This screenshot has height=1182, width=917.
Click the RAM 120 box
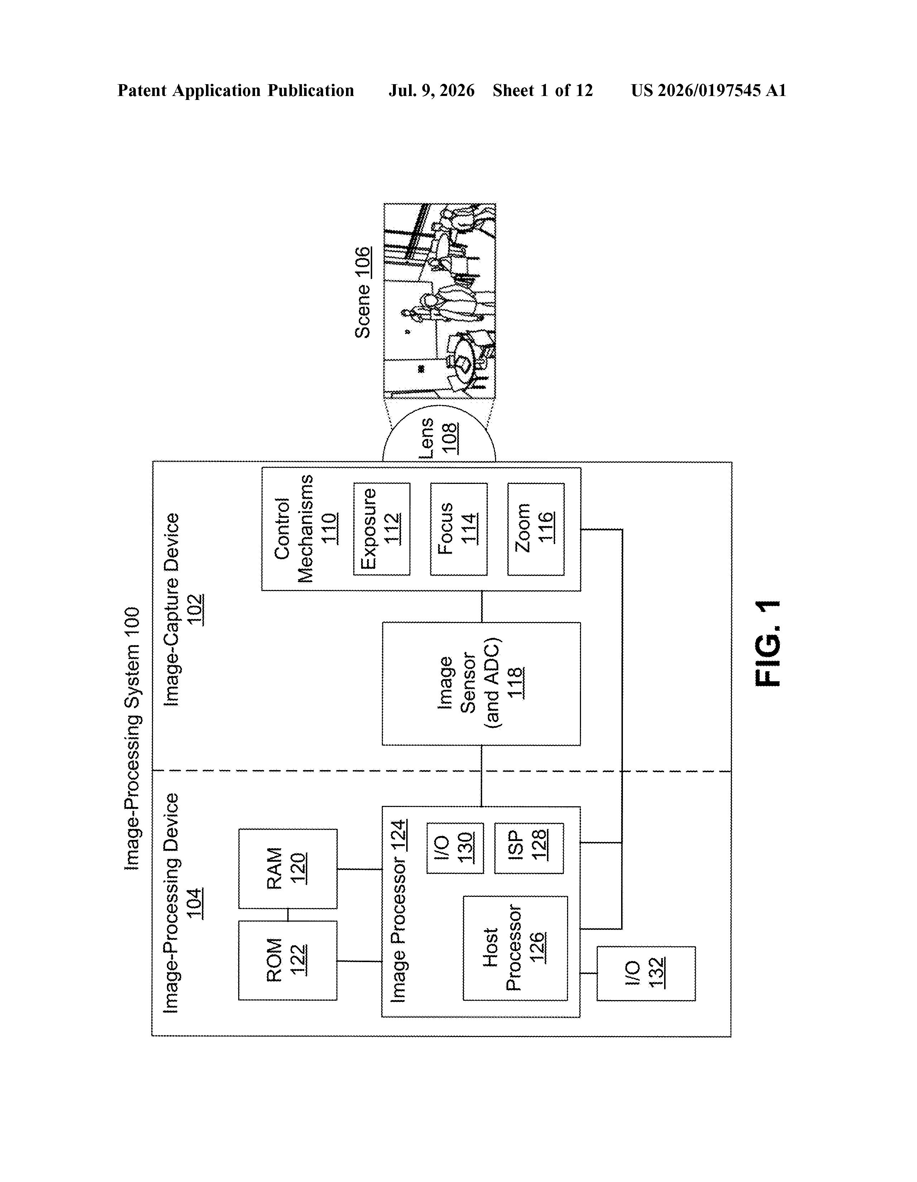click(287, 869)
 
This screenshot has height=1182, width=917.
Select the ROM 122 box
click(287, 961)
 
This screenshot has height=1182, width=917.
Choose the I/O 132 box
click(646, 974)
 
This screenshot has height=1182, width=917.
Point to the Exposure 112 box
click(381, 529)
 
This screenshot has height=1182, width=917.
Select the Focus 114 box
click(458, 529)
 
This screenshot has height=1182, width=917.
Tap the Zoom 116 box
click(536, 529)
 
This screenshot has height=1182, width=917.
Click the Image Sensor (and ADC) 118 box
click(481, 683)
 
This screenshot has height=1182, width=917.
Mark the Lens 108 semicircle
click(439, 433)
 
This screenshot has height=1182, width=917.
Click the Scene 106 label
click(363, 293)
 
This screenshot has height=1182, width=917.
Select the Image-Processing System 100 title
click(132, 739)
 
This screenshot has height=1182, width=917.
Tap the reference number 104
click(195, 903)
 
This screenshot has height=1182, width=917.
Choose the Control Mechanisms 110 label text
click(306, 529)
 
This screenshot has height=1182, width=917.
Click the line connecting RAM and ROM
click(287, 915)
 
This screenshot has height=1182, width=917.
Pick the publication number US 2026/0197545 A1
click(709, 90)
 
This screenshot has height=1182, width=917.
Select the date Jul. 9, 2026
click(431, 90)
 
